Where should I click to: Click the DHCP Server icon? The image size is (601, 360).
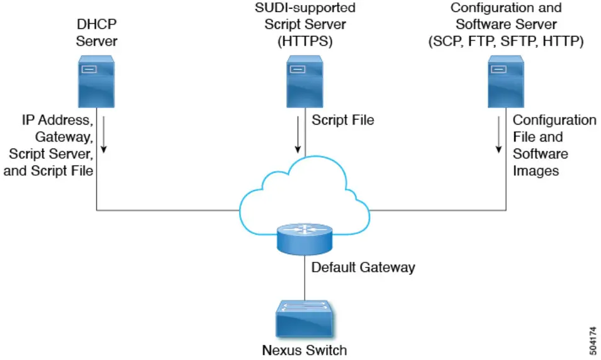(x=96, y=81)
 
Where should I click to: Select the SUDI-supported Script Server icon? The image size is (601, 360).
(x=305, y=81)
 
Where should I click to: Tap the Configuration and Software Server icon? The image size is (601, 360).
(x=507, y=81)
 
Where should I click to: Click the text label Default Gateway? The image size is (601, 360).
(x=363, y=267)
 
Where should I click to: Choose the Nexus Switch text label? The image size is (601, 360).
(x=305, y=349)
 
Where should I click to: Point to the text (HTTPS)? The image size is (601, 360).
(x=305, y=42)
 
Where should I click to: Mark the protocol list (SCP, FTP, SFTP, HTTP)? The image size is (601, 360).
(x=506, y=42)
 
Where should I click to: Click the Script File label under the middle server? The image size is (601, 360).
(x=343, y=120)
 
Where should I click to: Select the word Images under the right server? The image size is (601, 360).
(x=536, y=171)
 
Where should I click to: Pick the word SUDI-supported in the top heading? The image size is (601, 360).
(x=305, y=8)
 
